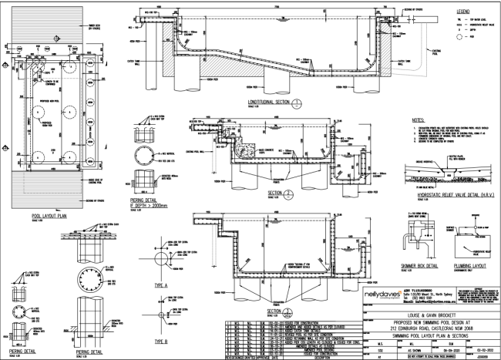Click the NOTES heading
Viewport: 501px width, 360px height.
pyautogui.click(x=421, y=120)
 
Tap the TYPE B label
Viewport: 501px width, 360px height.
pyautogui.click(x=163, y=339)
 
